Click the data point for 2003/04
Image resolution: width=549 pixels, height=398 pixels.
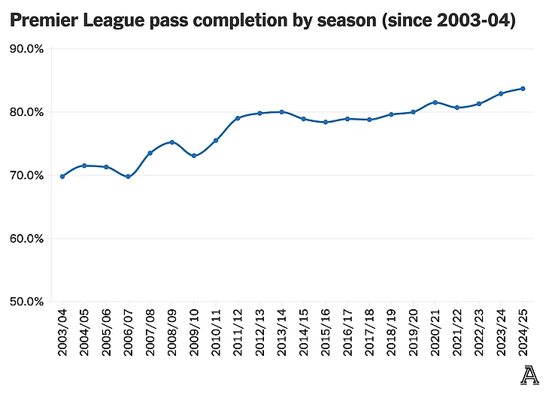click(62, 176)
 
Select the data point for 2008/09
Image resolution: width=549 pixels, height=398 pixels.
click(172, 142)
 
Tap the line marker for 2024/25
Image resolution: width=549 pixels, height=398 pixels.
click(523, 89)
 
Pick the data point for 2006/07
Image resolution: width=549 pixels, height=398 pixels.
click(128, 177)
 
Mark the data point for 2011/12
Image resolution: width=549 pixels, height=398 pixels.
click(238, 118)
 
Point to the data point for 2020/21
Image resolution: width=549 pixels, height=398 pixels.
click(435, 102)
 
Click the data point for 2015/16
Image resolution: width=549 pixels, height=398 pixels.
click(325, 122)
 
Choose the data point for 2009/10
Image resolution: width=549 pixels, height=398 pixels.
click(194, 156)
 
